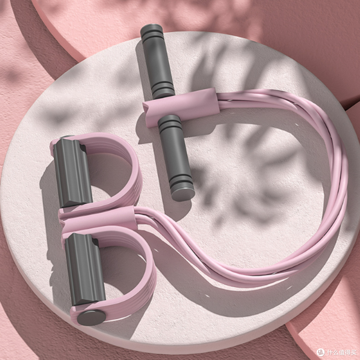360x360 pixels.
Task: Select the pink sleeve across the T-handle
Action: (x=181, y=107)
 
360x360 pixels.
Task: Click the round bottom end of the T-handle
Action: (x=183, y=194)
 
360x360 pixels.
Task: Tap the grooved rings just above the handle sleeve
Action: (x=163, y=90)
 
